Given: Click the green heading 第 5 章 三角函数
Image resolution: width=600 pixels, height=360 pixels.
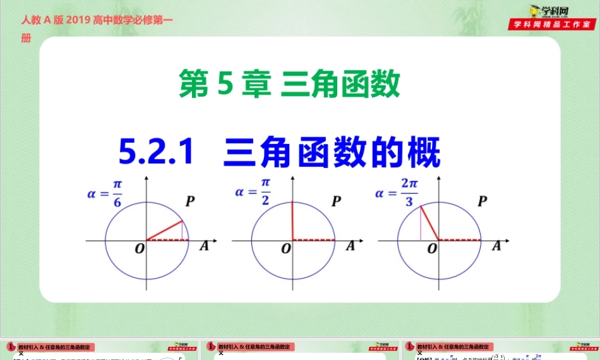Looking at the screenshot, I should click(290, 85).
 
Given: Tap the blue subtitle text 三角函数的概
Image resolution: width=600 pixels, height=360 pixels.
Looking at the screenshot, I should click(332, 152).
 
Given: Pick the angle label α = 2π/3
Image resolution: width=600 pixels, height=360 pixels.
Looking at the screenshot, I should click(397, 193).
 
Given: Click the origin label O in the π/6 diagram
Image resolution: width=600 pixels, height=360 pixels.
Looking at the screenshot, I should click(139, 248).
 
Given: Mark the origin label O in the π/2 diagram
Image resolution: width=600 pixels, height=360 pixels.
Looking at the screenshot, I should click(286, 248).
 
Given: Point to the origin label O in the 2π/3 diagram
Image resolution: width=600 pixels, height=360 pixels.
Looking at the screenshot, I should click(432, 248).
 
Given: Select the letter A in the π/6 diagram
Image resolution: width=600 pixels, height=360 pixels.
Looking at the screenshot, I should click(204, 245).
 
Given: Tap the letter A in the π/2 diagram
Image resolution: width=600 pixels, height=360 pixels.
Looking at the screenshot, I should click(350, 245).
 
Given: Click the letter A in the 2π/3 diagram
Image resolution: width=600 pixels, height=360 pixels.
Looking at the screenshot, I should click(496, 245).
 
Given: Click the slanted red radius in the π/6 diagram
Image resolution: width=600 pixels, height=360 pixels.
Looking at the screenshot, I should click(164, 230).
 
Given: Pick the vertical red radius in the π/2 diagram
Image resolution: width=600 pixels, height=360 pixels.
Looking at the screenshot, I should click(292, 220).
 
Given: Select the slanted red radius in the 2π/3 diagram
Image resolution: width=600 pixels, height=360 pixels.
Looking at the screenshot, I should click(430, 223).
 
